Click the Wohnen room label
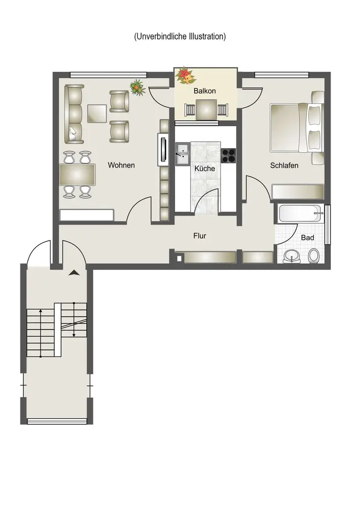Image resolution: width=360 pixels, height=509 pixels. pyautogui.click(x=121, y=165)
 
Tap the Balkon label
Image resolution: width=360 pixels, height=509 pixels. pyautogui.click(x=205, y=91)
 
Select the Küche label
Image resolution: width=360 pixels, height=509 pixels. pyautogui.click(x=205, y=168)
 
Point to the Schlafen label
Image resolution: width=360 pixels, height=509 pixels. pyautogui.click(x=284, y=165)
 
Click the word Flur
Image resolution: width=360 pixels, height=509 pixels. pyautogui.click(x=200, y=236)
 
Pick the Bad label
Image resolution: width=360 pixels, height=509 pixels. pyautogui.click(x=308, y=238)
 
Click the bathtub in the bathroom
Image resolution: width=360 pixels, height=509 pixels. pyautogui.click(x=300, y=214)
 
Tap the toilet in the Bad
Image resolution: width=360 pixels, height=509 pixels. pyautogui.click(x=313, y=256)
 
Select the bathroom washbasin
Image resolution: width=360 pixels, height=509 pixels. pyautogui.click(x=292, y=257)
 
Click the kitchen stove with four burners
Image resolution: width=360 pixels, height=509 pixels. pyautogui.click(x=228, y=155)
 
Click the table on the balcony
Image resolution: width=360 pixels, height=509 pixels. pyautogui.click(x=206, y=109)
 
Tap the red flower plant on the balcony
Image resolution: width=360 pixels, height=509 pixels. pyautogui.click(x=185, y=76)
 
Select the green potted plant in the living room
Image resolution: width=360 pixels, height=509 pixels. pyautogui.click(x=137, y=87)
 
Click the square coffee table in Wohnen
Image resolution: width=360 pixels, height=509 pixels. pyautogui.click(x=97, y=114)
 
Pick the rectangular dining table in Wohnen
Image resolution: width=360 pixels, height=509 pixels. pyautogui.click(x=77, y=175)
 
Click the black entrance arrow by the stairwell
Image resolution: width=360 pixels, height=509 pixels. pyautogui.click(x=74, y=273)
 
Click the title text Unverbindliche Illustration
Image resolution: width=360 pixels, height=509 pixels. pyautogui.click(x=180, y=36)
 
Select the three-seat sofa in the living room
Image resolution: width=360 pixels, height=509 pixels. pyautogui.click(x=74, y=114)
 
